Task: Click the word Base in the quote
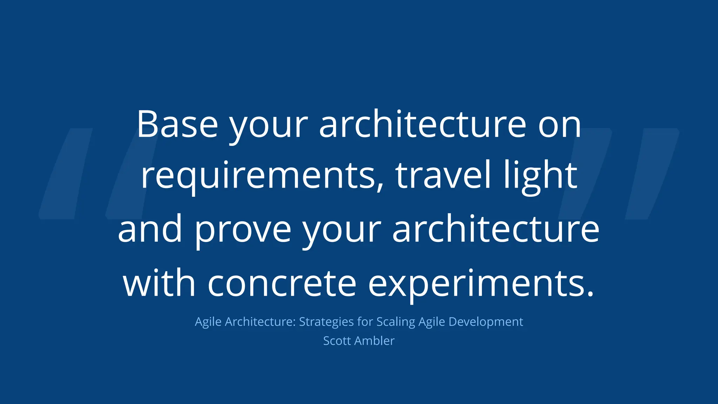click(x=177, y=124)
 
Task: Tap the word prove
click(x=243, y=230)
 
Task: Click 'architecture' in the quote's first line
click(x=422, y=124)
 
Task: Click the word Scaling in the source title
click(x=396, y=322)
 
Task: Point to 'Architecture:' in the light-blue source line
click(x=260, y=322)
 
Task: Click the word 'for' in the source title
click(x=365, y=322)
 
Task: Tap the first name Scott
click(x=337, y=341)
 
